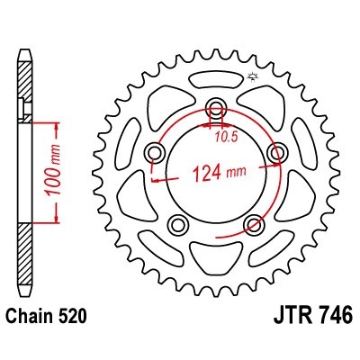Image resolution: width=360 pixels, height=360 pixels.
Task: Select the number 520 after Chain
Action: (x=70, y=318)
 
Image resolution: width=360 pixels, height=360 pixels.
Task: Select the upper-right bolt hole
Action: (x=274, y=149)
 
